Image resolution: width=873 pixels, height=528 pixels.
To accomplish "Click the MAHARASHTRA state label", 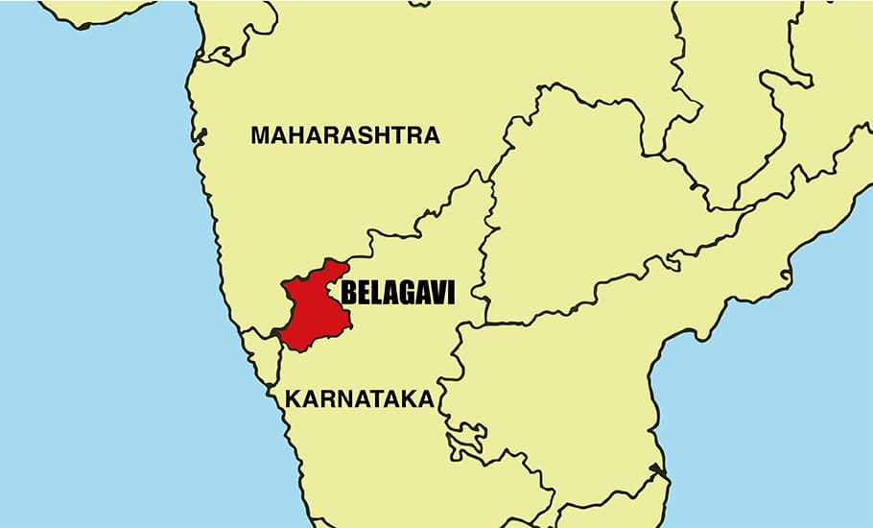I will (x=345, y=135).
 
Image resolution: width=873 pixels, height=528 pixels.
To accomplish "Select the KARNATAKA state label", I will (x=357, y=398).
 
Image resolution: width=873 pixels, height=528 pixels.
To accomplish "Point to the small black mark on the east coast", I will (x=654, y=470).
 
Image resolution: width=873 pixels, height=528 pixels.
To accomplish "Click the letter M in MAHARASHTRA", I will (x=260, y=135).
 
